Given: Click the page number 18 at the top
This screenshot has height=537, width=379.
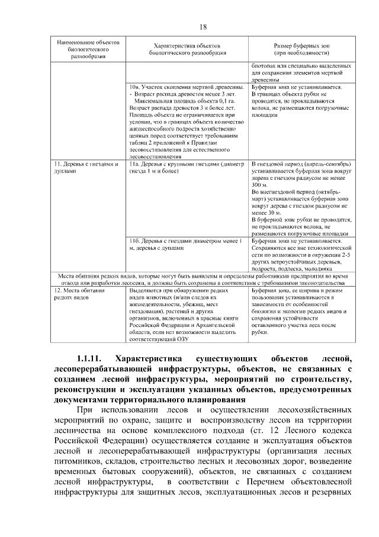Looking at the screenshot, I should pos(203,27).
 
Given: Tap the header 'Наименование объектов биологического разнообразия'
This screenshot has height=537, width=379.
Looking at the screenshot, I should pos(86,50).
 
